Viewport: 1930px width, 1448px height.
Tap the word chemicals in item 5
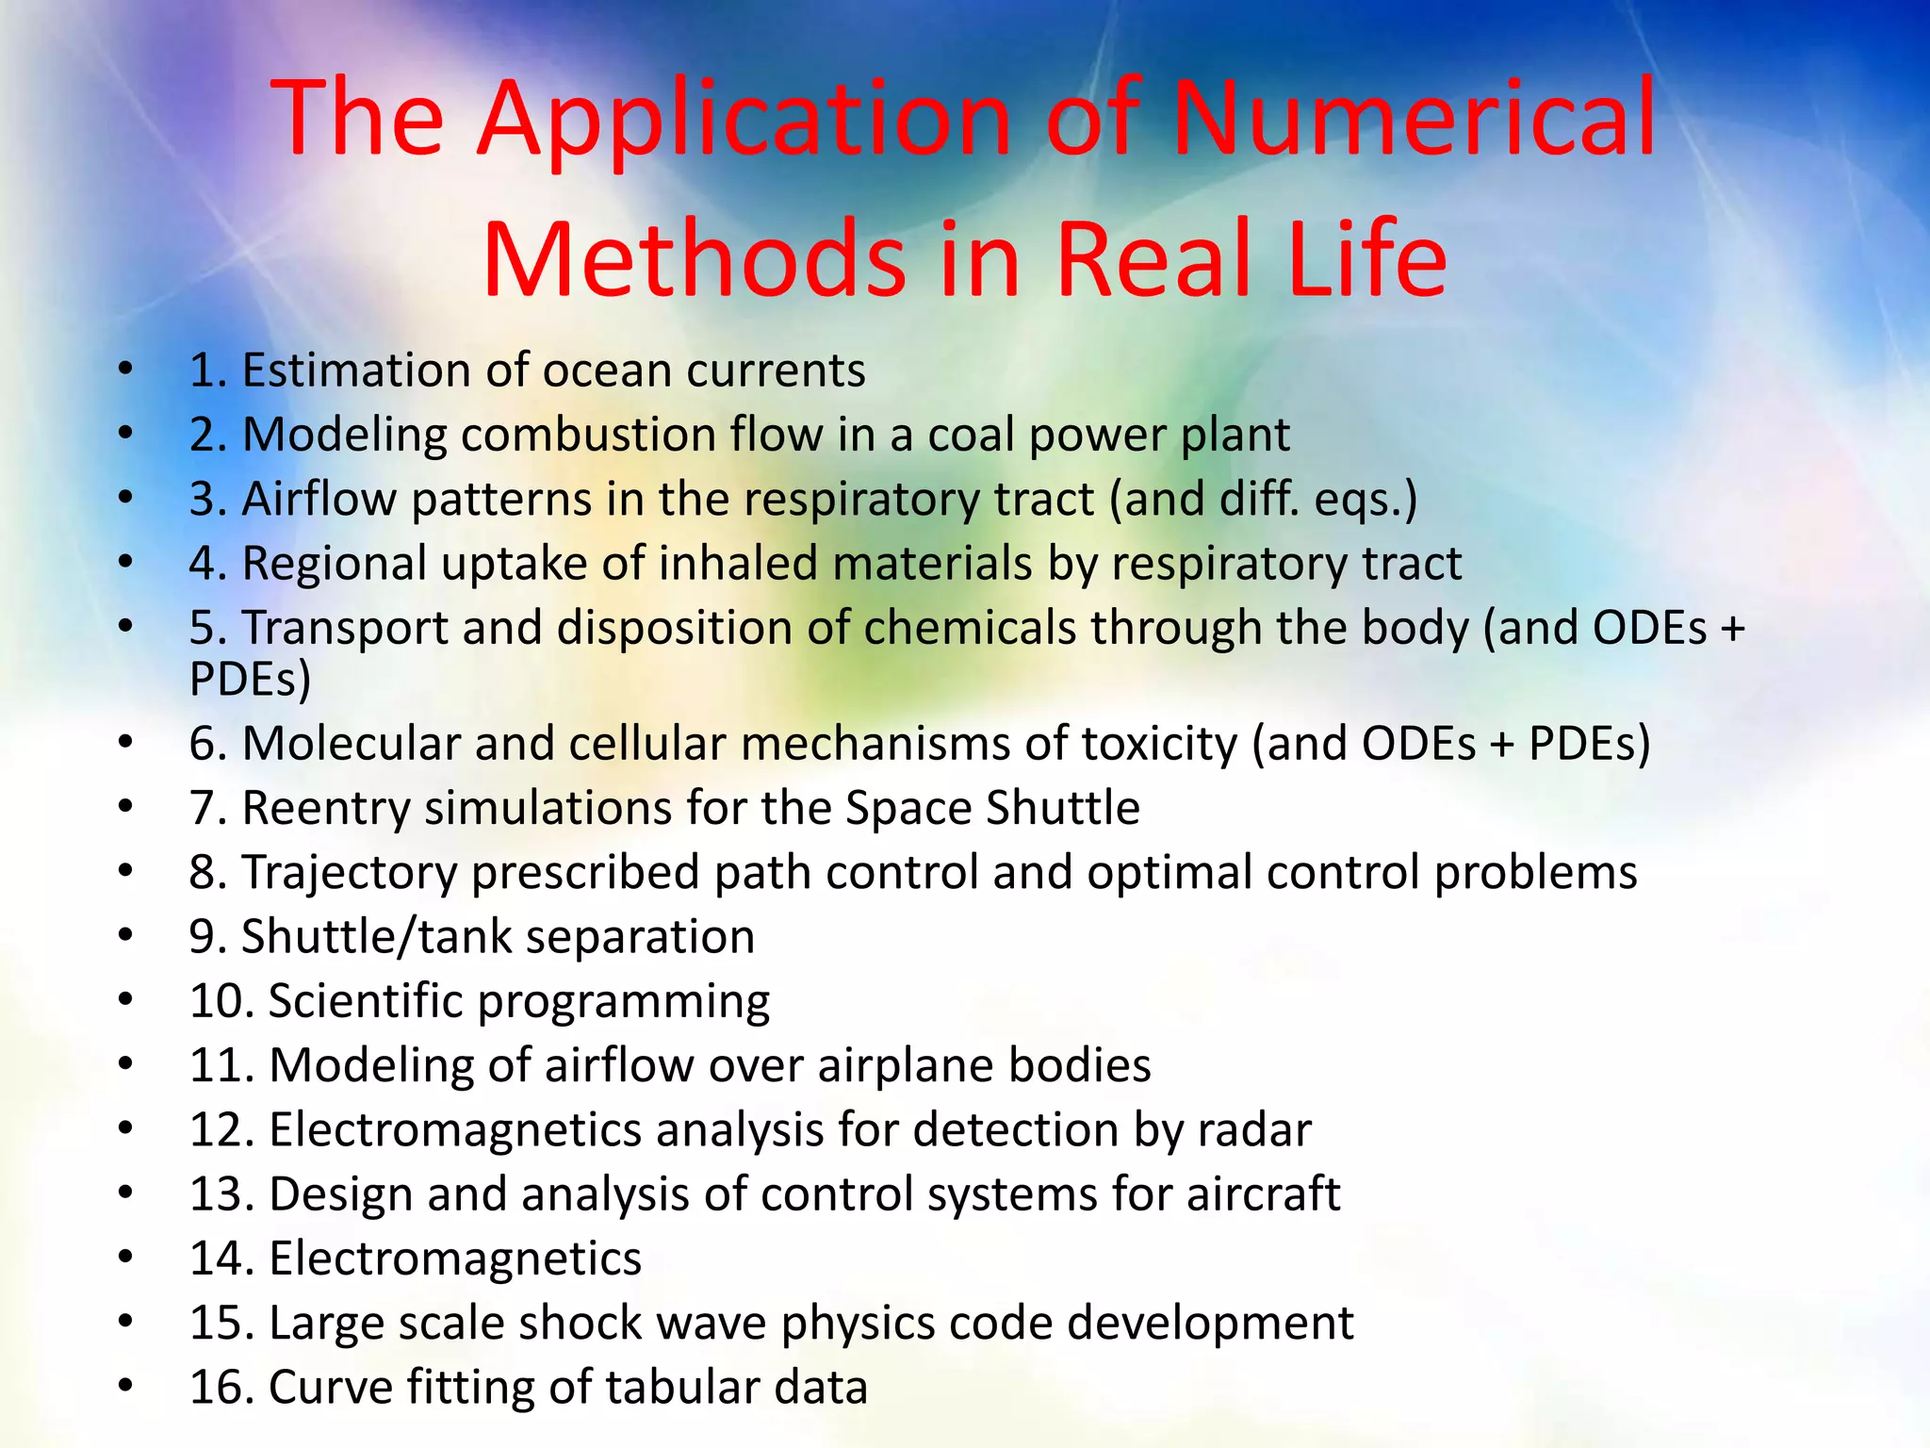pyautogui.click(x=970, y=628)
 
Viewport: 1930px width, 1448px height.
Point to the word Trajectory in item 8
pyautogui.click(x=349, y=873)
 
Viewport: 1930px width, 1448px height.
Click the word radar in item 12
pyautogui.click(x=1254, y=1129)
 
